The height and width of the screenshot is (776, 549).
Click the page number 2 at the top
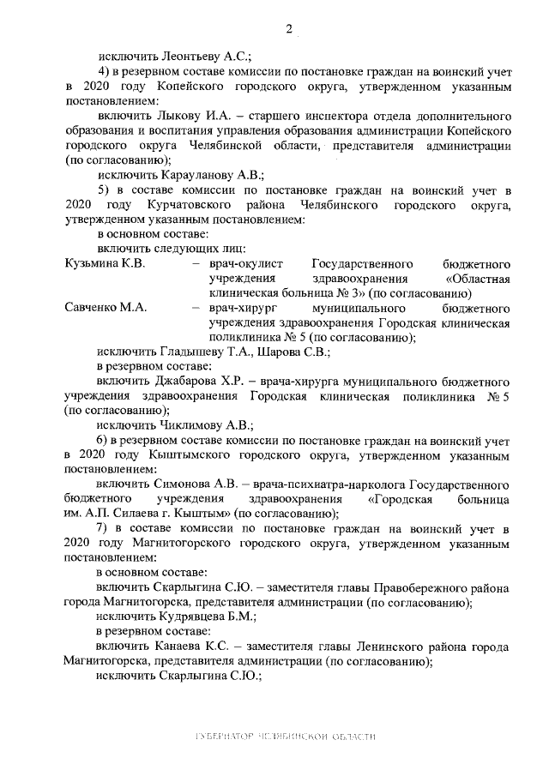[x=289, y=29]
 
